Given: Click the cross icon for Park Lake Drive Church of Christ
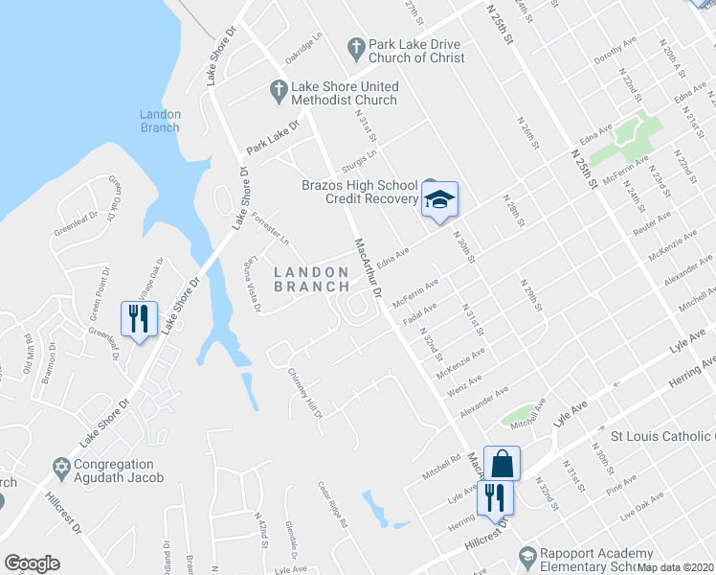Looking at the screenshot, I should [x=355, y=45].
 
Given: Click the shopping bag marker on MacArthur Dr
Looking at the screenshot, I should [x=502, y=464].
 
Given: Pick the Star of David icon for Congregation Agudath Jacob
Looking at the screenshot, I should [x=61, y=470].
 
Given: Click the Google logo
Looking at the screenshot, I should [x=32, y=563].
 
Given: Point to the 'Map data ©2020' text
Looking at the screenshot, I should [x=676, y=567].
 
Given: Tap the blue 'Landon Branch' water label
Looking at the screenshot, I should [x=160, y=121].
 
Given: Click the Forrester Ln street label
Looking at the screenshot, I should [x=271, y=225].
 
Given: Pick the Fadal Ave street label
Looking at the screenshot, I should [x=420, y=314].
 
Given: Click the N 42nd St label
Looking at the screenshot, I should [x=258, y=528].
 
